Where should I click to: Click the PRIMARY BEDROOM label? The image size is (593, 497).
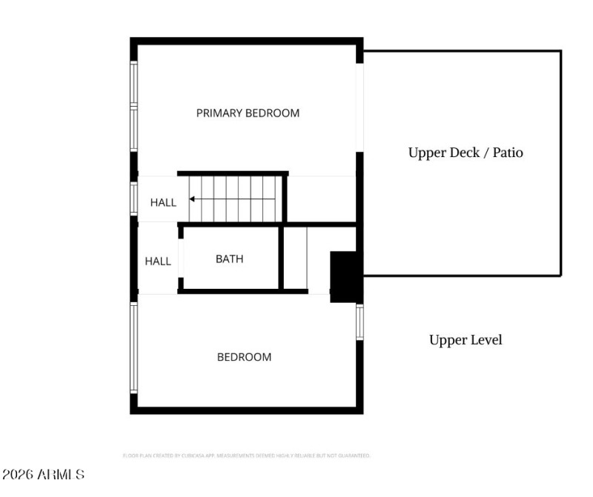(248, 113)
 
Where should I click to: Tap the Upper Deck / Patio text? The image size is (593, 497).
(466, 153)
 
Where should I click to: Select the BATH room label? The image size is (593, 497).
(229, 259)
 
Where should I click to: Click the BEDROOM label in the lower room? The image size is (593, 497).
(244, 357)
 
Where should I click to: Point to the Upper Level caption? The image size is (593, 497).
(466, 340)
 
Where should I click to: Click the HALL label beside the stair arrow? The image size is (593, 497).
(163, 202)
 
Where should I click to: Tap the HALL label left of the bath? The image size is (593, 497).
(157, 261)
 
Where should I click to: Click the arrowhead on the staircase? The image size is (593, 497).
(192, 199)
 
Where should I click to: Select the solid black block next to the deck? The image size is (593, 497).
(344, 276)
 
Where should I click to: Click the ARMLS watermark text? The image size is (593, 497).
(43, 474)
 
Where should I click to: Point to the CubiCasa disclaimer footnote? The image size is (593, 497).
(246, 456)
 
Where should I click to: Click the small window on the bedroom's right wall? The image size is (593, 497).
(360, 322)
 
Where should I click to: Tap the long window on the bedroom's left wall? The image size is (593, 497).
(134, 347)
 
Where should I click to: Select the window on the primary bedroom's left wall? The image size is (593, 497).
(134, 107)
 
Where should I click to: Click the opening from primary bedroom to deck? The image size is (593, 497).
(360, 107)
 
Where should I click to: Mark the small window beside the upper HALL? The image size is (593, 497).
(134, 199)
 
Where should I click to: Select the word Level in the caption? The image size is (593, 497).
(485, 340)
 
